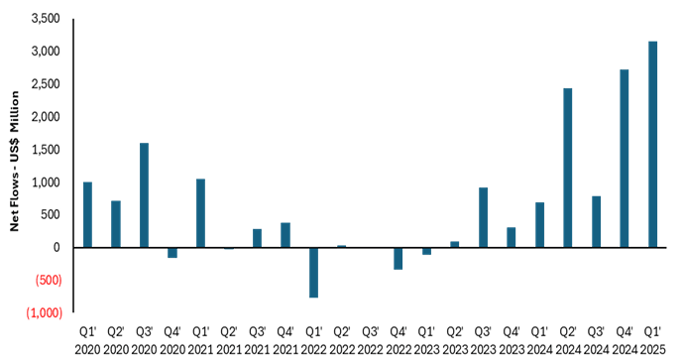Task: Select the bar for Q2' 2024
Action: (568, 168)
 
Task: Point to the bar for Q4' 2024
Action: (625, 159)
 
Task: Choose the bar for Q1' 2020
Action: (87, 215)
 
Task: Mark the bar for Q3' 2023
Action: (483, 217)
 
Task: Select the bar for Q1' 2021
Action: (200, 213)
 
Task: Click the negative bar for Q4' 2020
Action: (172, 252)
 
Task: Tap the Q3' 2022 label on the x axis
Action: (370, 339)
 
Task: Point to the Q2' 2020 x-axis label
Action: (115, 339)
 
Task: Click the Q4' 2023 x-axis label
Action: (512, 339)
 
